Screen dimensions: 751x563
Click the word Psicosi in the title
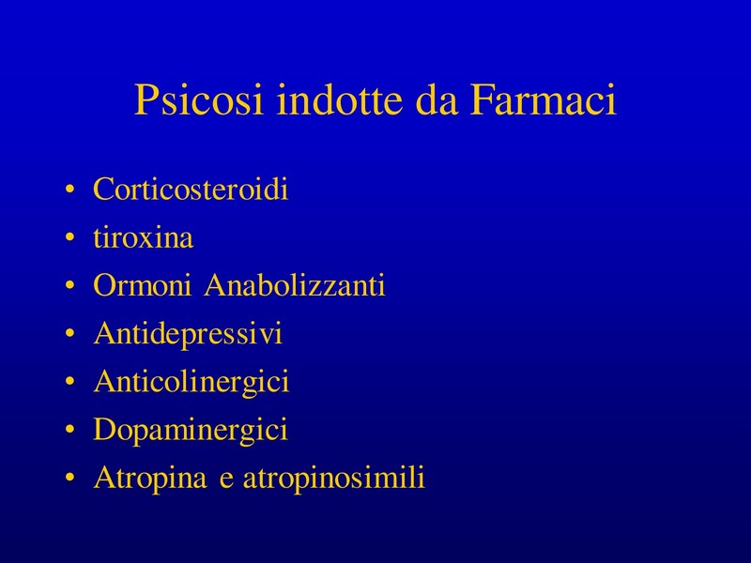click(199, 99)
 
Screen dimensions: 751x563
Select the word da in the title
click(437, 99)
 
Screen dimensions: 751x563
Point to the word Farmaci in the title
click(543, 99)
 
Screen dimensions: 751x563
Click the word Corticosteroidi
click(191, 189)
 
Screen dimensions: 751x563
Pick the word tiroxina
click(144, 237)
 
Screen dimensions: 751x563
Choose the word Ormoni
click(143, 285)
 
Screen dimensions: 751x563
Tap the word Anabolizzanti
click(295, 285)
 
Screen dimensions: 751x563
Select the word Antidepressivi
click(189, 334)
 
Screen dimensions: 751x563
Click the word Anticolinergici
click(192, 382)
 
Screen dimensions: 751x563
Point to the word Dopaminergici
click(191, 430)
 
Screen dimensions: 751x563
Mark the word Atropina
click(150, 478)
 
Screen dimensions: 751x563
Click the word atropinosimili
click(334, 478)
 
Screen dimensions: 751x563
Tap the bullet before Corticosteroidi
click(69, 190)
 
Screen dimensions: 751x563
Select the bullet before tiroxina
click(69, 237)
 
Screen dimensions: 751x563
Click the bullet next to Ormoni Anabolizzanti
click(69, 285)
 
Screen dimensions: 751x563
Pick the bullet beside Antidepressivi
click(69, 333)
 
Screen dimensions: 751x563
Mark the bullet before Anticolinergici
click(69, 381)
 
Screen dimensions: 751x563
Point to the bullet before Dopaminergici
click(69, 430)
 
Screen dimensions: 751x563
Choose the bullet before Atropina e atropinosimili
click(69, 478)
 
